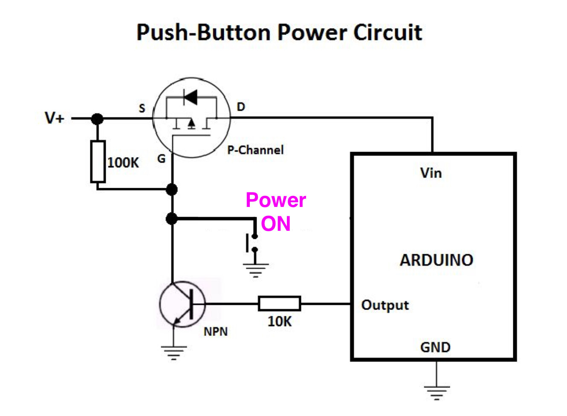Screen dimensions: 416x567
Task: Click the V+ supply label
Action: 55,118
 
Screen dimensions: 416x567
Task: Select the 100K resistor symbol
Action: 98,162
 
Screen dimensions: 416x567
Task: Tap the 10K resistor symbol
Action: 279,304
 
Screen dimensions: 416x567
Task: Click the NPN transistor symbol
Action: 182,304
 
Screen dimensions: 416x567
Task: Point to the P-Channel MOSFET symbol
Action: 192,118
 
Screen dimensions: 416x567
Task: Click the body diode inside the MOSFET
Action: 191,97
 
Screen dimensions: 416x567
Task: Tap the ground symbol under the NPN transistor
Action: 174,353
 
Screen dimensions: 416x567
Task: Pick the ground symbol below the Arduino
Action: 437,392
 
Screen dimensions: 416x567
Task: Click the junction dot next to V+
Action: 97,118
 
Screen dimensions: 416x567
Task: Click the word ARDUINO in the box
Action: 436,260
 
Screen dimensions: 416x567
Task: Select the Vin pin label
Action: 431,173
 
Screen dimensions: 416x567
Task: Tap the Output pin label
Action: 385,305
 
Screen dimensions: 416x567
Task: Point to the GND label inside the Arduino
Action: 435,347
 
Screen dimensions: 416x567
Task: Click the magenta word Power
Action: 276,200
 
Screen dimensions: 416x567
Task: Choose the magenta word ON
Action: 276,224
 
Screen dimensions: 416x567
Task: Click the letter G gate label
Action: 161,159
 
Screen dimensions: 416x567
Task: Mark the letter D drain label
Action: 241,106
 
